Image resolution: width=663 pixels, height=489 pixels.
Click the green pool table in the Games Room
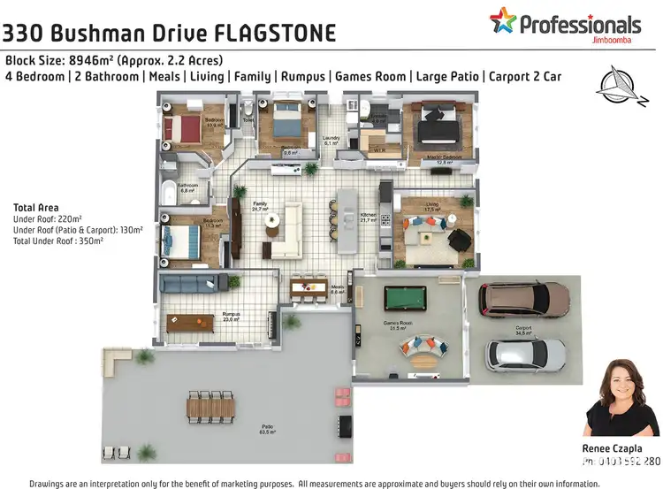point(405,295)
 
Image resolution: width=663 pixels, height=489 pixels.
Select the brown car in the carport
point(524,300)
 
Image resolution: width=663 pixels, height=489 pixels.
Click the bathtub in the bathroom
point(169,189)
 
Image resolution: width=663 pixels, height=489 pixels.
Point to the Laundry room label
point(331,139)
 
